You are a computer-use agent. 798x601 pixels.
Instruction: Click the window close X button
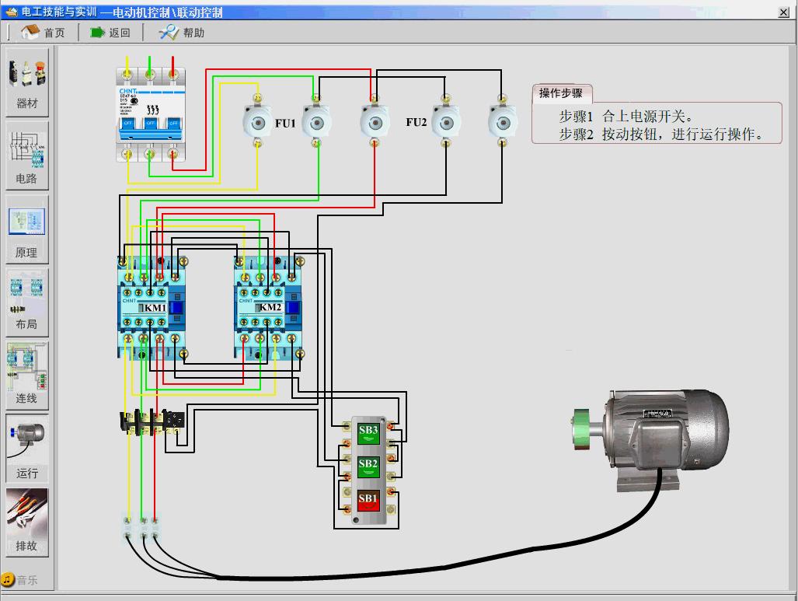(783, 12)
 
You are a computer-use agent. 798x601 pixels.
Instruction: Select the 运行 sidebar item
(27, 449)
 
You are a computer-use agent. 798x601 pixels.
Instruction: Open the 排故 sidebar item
(27, 522)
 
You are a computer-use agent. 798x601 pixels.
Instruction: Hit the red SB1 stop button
(368, 498)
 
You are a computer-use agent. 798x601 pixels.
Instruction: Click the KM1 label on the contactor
(155, 308)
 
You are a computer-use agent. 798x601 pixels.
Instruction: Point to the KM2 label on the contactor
(270, 307)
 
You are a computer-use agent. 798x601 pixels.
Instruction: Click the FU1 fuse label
(285, 123)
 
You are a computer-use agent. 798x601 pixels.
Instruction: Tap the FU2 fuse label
(416, 122)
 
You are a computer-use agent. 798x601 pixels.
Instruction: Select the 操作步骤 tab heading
(561, 93)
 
